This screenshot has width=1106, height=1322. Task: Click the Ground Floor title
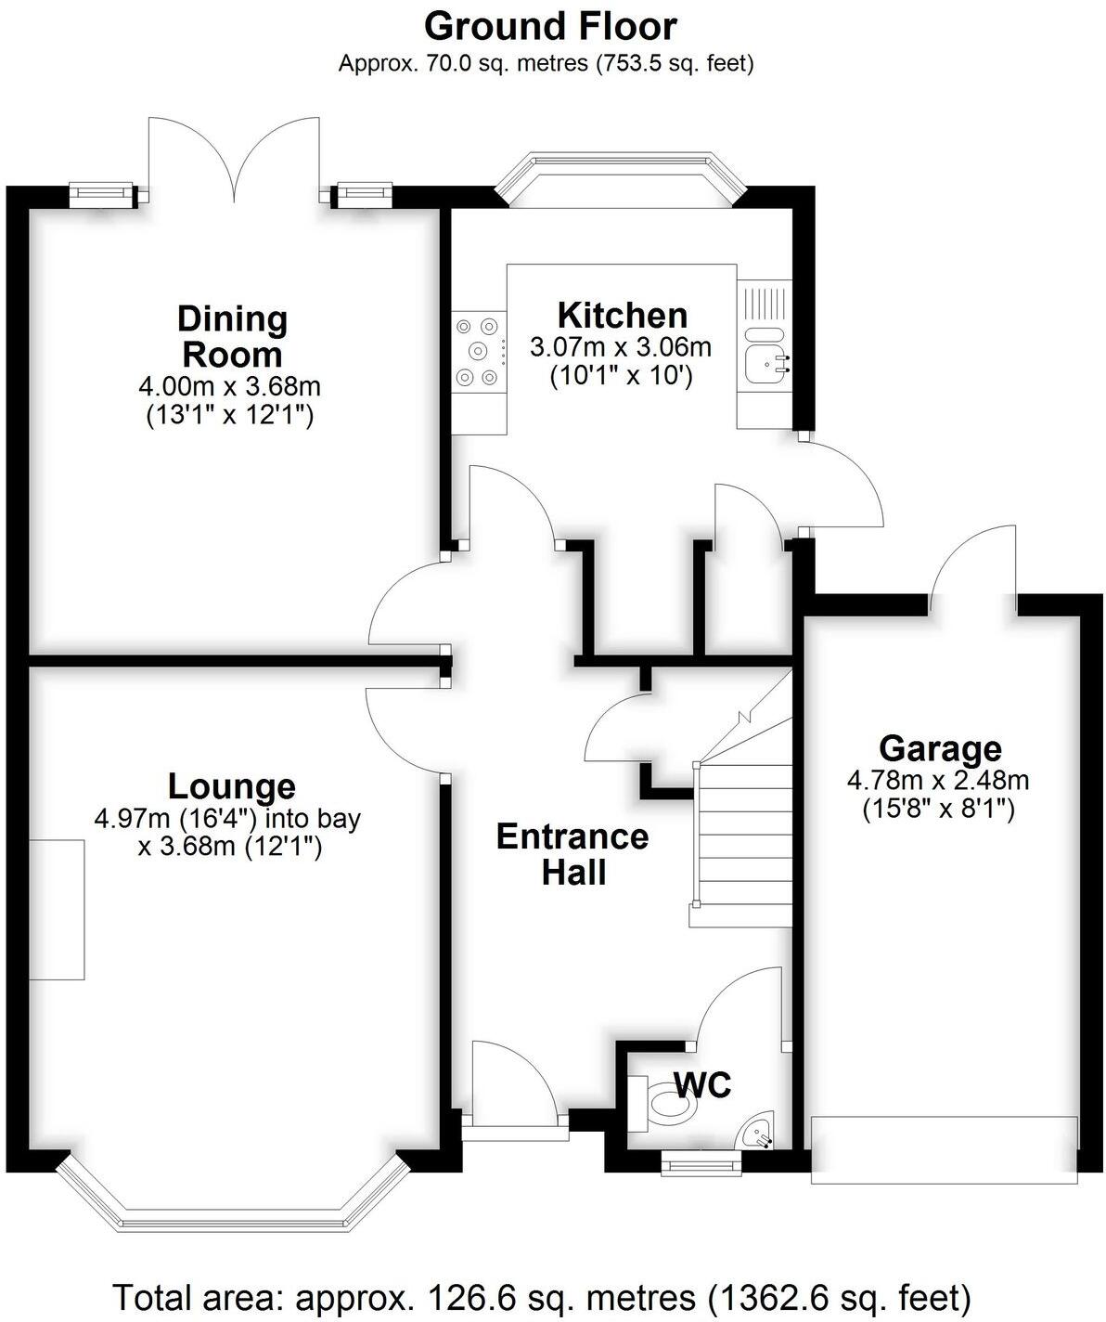[x=550, y=26]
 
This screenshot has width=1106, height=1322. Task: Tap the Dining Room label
[x=232, y=336]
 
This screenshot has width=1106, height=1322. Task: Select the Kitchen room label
[x=622, y=316]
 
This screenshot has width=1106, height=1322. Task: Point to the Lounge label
[x=231, y=786]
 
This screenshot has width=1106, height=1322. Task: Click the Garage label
[x=940, y=747]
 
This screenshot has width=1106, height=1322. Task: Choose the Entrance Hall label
[x=572, y=854]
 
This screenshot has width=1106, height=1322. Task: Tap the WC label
[x=702, y=1083]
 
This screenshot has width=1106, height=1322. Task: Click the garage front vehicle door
[x=944, y=1149]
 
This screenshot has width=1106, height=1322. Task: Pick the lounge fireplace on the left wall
[x=57, y=910]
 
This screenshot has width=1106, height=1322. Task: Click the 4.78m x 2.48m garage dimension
[x=938, y=780]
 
